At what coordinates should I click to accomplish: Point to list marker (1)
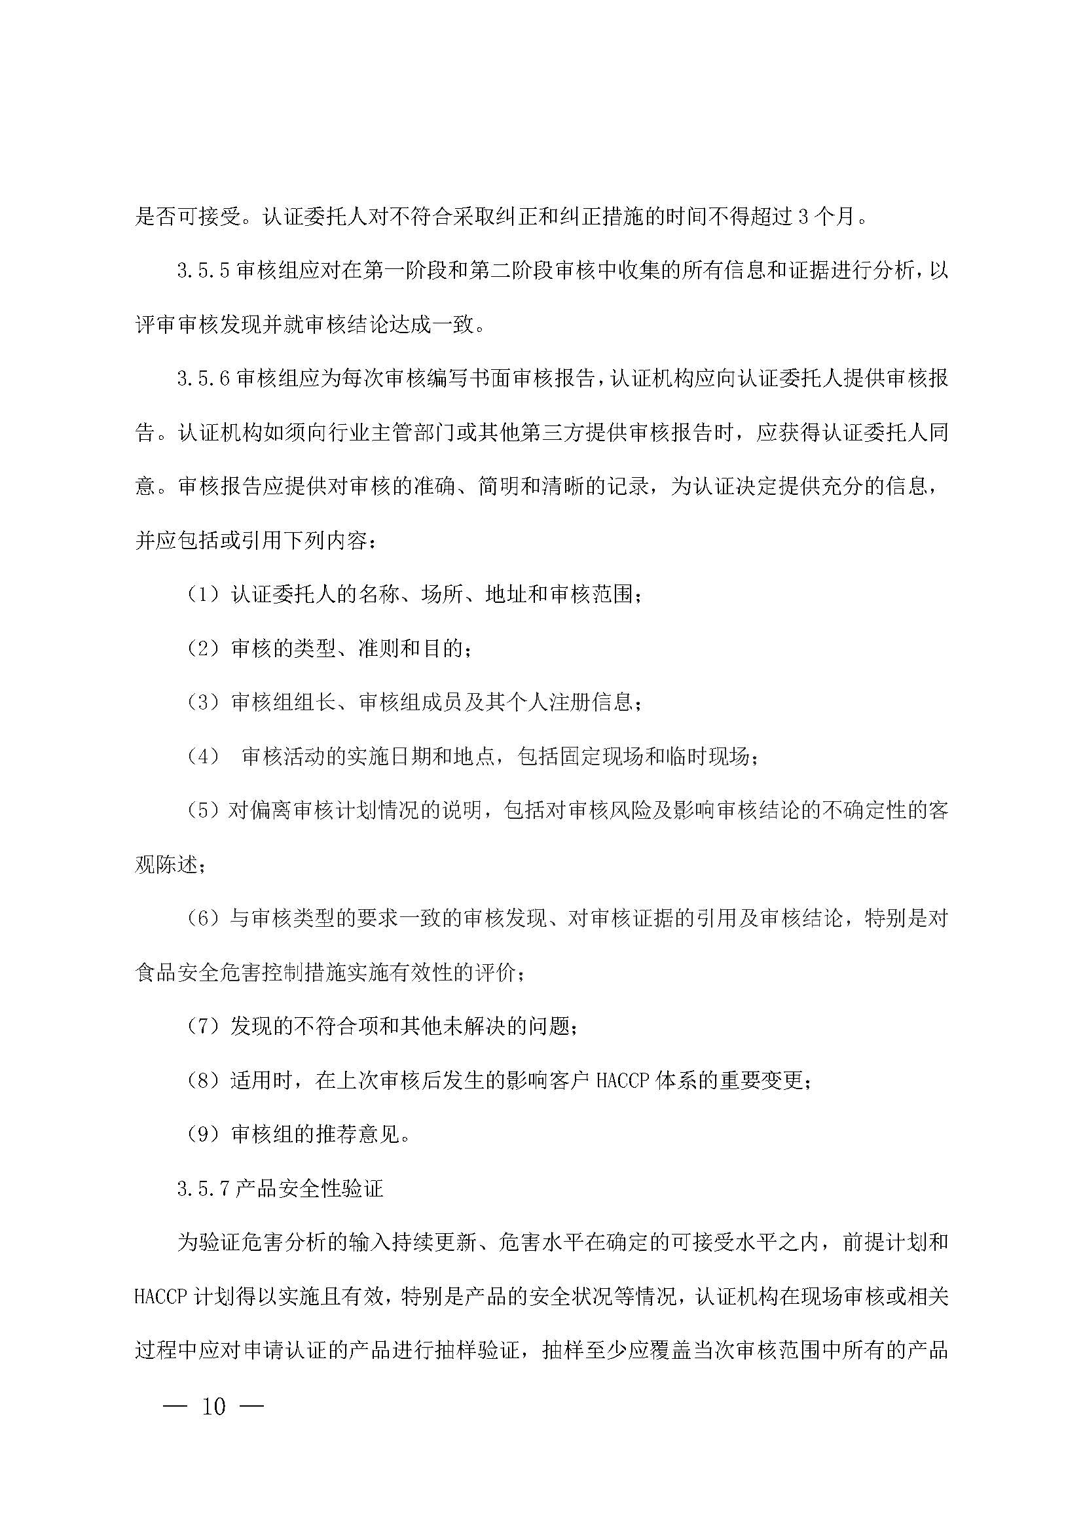coord(204,595)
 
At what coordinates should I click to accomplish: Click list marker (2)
coord(204,649)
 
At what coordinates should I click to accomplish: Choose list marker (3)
coord(204,703)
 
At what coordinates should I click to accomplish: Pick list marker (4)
coord(204,757)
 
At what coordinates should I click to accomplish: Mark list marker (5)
coord(204,811)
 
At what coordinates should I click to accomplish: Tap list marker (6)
coord(204,919)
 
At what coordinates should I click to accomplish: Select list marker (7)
coord(204,1027)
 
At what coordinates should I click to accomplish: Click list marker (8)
coord(204,1081)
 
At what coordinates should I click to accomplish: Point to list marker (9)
coord(204,1135)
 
